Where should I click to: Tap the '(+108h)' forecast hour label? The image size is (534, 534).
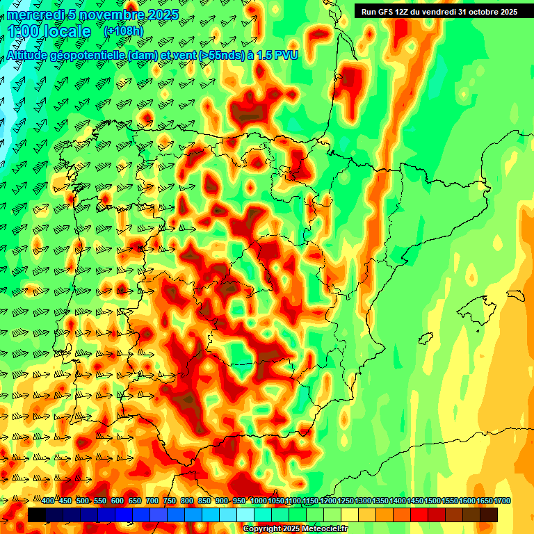(x=123, y=31)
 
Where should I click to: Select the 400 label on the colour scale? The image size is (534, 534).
(x=48, y=501)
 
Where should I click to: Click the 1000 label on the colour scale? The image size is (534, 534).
(x=259, y=501)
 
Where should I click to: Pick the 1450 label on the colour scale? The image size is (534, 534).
(x=398, y=501)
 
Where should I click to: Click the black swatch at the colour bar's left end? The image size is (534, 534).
(x=37, y=515)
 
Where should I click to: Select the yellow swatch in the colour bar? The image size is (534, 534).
(x=350, y=515)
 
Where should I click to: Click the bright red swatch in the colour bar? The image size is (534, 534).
(x=419, y=515)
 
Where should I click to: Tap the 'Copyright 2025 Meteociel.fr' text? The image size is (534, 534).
(x=295, y=529)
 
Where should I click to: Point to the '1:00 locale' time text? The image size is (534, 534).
(x=50, y=31)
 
